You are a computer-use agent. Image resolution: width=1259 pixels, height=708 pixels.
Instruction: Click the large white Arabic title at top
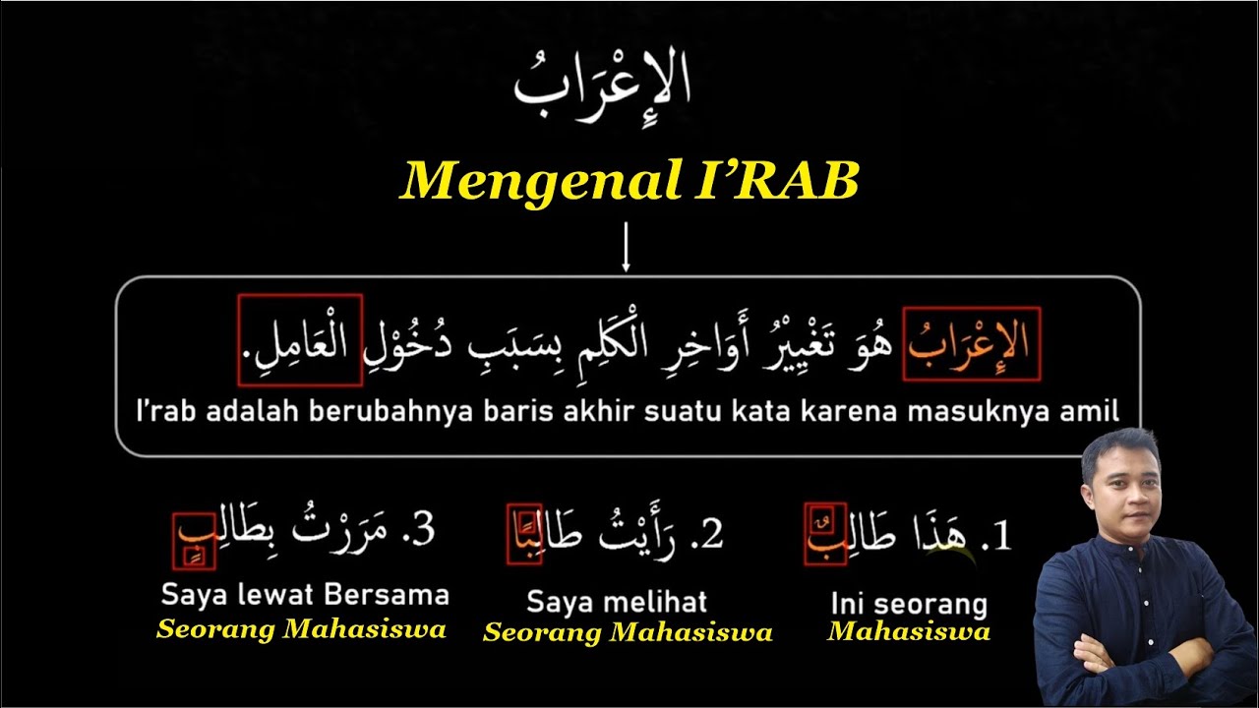tap(602, 85)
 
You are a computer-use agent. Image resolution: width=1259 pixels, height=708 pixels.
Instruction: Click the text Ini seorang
tap(908, 603)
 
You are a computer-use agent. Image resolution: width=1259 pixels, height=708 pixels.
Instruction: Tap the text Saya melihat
tap(617, 602)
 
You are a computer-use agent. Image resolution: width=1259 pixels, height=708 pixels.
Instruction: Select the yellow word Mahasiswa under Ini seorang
tap(908, 631)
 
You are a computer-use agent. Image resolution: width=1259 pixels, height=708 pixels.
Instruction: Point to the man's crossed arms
tap(1131, 654)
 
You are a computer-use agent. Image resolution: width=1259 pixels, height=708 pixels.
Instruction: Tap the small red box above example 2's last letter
tap(527, 517)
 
